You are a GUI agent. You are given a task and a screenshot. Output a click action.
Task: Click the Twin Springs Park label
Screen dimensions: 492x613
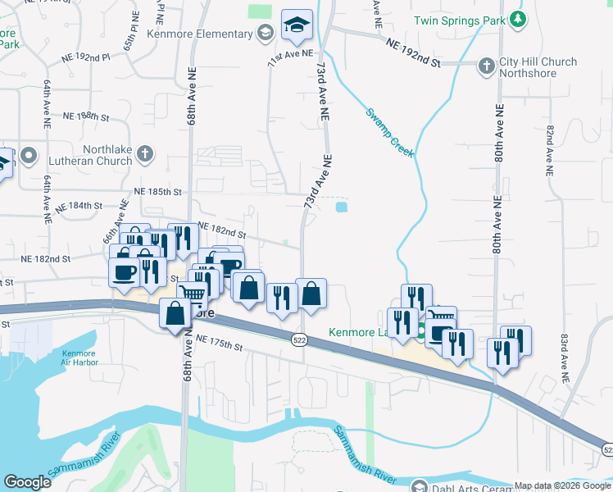point(458,20)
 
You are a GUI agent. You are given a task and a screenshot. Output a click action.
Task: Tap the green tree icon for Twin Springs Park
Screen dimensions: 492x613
point(516,20)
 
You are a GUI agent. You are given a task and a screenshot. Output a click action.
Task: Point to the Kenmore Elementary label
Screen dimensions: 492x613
point(200,34)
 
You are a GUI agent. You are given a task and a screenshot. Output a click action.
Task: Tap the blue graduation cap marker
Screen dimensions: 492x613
point(296,25)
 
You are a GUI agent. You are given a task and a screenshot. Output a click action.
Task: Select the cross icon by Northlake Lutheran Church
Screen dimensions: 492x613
point(144,153)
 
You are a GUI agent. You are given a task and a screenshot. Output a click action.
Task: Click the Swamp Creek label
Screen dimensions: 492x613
point(390,133)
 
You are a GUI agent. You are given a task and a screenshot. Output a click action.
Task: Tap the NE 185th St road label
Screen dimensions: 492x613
point(157,191)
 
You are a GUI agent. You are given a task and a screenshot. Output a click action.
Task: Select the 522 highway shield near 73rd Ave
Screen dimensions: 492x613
point(301,339)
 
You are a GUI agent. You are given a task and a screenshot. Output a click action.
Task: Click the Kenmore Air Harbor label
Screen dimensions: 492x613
point(79,358)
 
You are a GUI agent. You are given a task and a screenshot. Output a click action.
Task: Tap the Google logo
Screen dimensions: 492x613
point(28,483)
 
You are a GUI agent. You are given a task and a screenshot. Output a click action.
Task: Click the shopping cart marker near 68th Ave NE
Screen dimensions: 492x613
point(193,294)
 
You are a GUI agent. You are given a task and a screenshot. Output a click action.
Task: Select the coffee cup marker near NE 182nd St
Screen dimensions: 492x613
point(125,271)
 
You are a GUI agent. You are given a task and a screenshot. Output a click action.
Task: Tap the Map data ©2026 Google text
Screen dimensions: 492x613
point(562,485)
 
